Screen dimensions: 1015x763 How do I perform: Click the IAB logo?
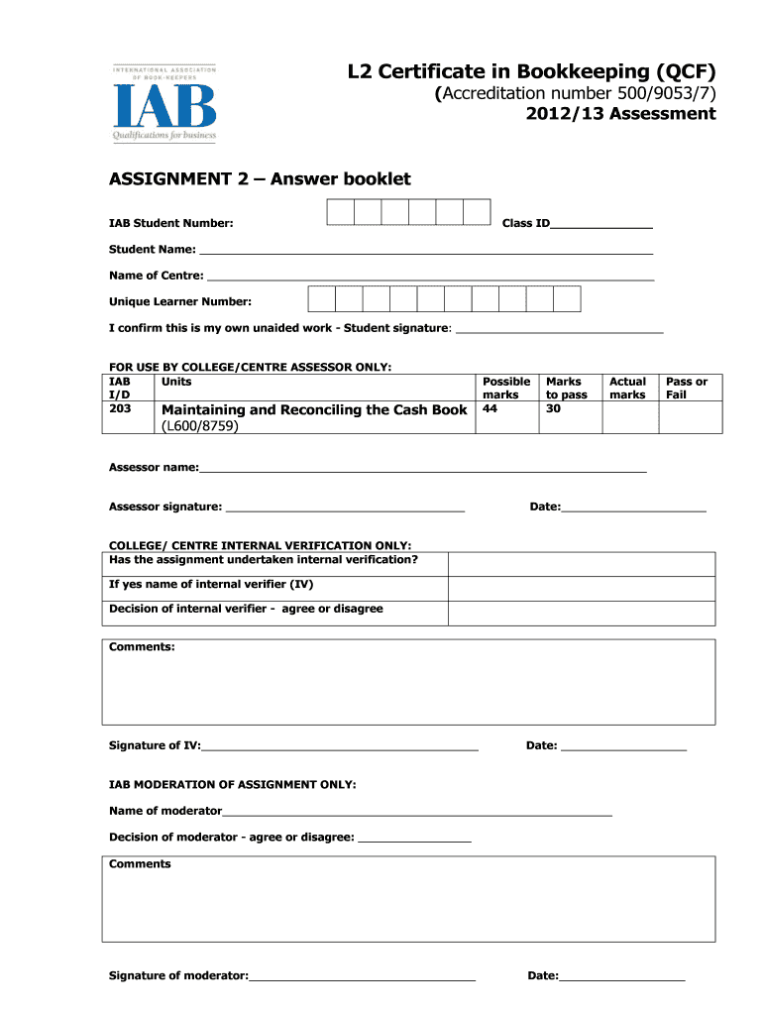(x=164, y=104)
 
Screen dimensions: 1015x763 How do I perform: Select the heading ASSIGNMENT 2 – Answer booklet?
(x=260, y=179)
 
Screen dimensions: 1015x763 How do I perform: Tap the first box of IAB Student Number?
(x=341, y=212)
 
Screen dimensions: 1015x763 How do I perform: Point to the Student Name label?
(x=152, y=250)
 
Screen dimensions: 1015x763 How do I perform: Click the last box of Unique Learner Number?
(x=567, y=299)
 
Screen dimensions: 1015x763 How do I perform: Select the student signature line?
(x=559, y=330)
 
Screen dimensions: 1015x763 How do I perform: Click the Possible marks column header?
(x=505, y=388)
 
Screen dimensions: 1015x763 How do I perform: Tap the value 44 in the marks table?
(x=490, y=408)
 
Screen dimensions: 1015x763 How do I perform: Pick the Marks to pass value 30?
(x=554, y=408)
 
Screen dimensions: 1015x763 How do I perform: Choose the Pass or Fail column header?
(x=686, y=388)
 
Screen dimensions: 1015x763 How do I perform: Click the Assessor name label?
(x=154, y=467)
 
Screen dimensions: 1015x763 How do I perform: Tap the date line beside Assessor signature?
(x=633, y=509)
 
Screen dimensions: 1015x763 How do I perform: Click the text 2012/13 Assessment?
(x=620, y=114)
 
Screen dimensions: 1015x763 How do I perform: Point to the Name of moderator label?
(x=165, y=811)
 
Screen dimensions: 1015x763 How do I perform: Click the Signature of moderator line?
(x=362, y=978)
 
